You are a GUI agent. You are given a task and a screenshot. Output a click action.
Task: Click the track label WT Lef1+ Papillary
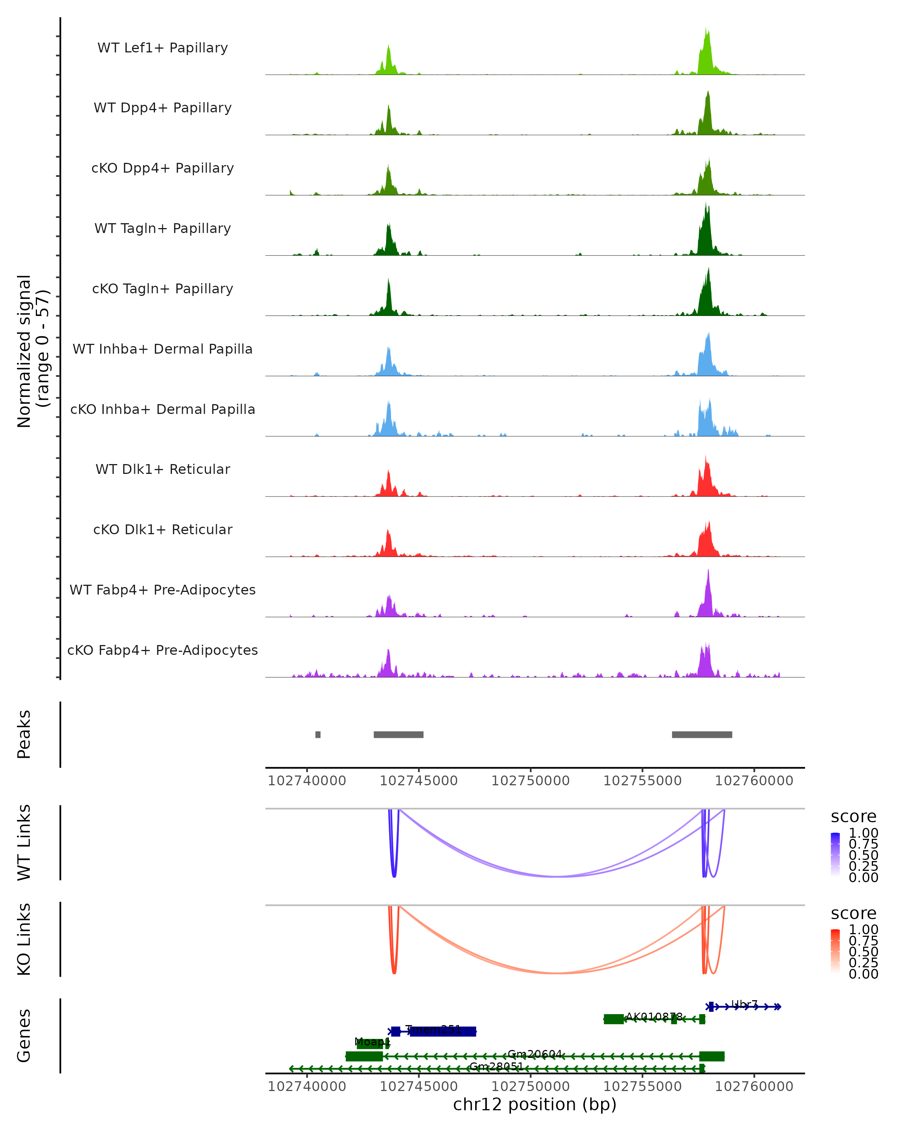[x=163, y=48]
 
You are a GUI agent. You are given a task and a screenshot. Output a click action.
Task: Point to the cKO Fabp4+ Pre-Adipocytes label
[x=163, y=650]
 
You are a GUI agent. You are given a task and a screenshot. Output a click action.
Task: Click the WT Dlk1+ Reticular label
[x=163, y=469]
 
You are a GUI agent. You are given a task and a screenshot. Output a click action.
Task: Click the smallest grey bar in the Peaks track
[x=318, y=734]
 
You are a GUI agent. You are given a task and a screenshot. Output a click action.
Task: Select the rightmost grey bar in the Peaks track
[x=702, y=734]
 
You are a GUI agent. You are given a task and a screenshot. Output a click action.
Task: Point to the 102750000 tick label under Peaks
[x=531, y=781]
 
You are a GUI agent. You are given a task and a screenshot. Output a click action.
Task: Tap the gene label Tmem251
[x=433, y=1029]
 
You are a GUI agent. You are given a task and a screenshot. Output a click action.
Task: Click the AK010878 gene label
[x=654, y=1017]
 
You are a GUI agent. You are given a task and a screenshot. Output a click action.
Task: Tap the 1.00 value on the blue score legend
[x=863, y=833]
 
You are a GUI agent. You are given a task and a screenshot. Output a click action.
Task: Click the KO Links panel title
[x=24, y=939]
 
